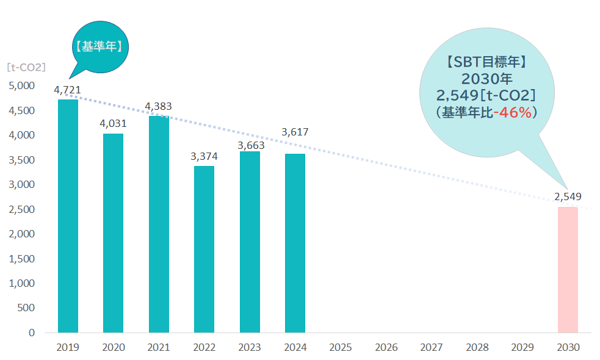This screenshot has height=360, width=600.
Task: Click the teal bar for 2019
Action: (x=68, y=216)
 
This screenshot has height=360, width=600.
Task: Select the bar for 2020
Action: (x=113, y=233)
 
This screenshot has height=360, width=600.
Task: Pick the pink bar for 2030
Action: (x=568, y=270)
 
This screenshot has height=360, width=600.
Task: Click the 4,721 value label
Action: (x=67, y=90)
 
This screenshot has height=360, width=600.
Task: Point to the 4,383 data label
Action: (x=158, y=106)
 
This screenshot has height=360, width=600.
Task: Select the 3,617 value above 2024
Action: (x=295, y=132)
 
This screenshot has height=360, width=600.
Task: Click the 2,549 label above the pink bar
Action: (x=568, y=196)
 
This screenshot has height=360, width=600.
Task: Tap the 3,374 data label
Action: (x=204, y=156)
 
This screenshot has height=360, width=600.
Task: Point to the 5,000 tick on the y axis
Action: (x=23, y=85)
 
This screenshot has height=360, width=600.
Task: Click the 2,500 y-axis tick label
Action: (x=23, y=209)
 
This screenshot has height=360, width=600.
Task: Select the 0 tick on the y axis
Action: (x=31, y=333)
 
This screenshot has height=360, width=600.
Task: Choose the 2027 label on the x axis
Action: (x=432, y=348)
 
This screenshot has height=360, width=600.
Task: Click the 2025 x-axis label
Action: (x=341, y=348)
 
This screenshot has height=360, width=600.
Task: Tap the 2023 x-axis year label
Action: (x=250, y=348)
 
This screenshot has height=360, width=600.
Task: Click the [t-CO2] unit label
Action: (x=26, y=67)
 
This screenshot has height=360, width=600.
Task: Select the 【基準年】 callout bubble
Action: (x=100, y=45)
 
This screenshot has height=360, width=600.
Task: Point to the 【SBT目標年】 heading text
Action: (x=486, y=62)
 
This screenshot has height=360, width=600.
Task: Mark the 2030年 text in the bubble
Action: (x=486, y=79)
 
